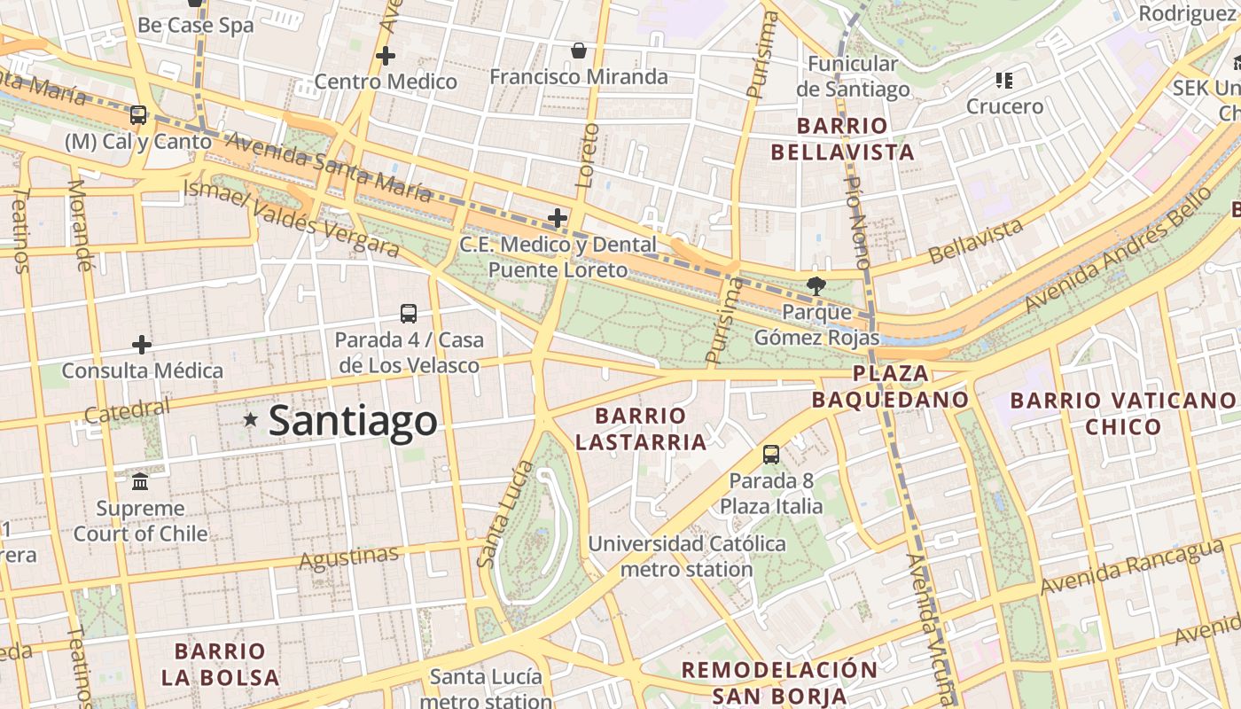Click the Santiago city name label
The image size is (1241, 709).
(x=353, y=420)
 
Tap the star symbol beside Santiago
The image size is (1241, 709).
(x=251, y=419)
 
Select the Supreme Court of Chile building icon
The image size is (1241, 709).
(x=140, y=482)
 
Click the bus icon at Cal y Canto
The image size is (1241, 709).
(x=138, y=114)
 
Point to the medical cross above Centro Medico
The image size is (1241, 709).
(x=386, y=56)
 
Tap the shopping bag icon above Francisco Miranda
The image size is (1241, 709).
(x=579, y=51)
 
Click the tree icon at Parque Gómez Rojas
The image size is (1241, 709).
(x=816, y=285)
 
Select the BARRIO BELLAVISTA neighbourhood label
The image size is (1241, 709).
(x=842, y=139)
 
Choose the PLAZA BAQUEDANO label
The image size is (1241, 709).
(x=890, y=386)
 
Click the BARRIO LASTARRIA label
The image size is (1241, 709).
(x=641, y=428)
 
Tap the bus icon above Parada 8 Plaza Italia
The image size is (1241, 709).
(x=771, y=455)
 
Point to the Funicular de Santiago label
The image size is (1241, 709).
(x=853, y=76)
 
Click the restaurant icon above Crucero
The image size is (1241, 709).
(x=1004, y=81)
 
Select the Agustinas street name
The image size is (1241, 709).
(x=349, y=558)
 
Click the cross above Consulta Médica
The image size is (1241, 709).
(x=142, y=344)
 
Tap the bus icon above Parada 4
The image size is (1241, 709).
(x=409, y=313)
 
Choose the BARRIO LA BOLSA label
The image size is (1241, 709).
(x=220, y=665)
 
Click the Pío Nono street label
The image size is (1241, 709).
(x=858, y=222)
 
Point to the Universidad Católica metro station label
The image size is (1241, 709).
(x=687, y=556)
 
